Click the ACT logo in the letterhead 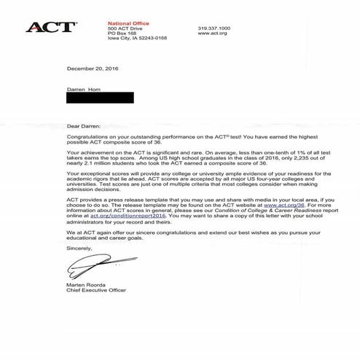click(51, 28)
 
